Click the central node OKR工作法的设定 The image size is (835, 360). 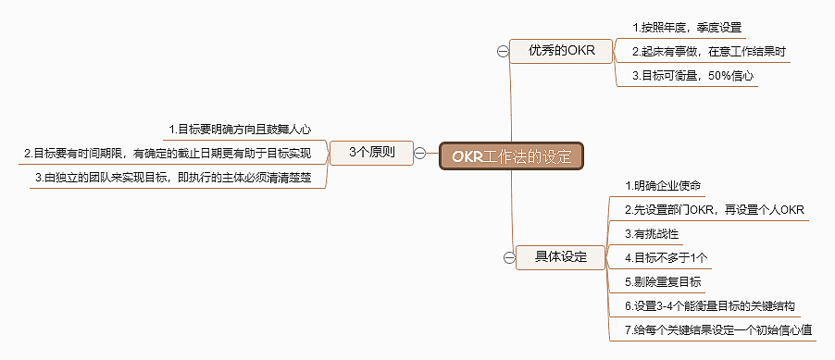513,155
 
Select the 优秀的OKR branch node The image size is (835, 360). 561,50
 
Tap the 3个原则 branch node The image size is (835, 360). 370,153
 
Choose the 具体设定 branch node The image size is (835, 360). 561,256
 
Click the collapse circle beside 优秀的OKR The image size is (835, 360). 502,52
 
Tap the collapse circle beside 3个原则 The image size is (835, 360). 421,153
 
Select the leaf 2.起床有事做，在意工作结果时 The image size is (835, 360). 709,52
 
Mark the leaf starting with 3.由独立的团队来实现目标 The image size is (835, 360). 179,177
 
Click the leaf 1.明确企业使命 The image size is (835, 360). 663,186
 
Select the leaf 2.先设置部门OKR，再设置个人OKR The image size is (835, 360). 715,209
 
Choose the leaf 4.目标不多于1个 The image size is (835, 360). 667,257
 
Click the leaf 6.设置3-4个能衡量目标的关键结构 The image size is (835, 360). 710,305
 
